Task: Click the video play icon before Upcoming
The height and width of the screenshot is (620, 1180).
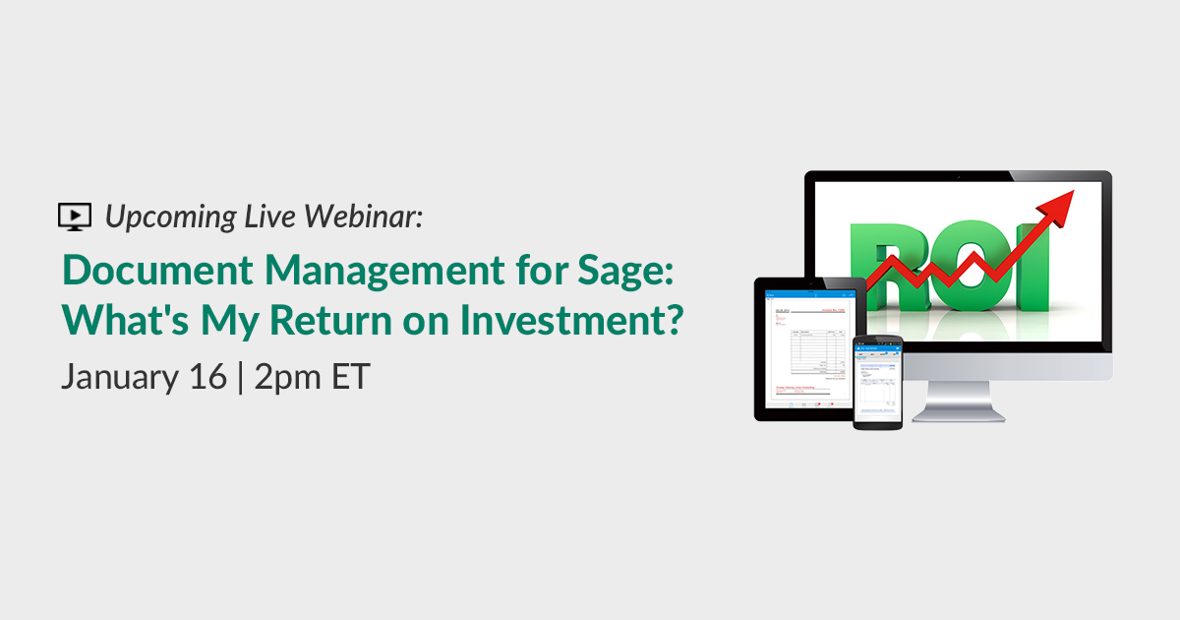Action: tap(75, 216)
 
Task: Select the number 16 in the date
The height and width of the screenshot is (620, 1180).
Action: tap(209, 377)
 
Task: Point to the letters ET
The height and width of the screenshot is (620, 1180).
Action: tap(351, 377)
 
